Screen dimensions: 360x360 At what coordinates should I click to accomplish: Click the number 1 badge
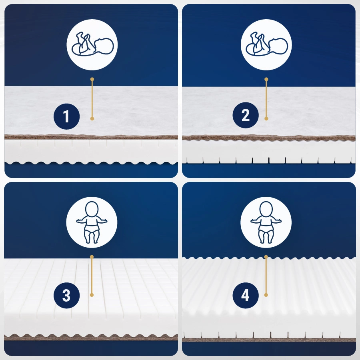pos(66,116)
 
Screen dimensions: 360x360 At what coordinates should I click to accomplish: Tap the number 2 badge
pos(246,115)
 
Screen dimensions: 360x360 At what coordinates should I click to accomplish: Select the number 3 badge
pos(66,296)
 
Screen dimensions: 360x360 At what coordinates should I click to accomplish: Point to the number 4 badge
pos(246,296)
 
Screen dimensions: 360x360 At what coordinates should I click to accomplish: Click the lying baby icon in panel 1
pos(92,44)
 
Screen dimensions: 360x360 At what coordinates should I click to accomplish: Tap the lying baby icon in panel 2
pos(266,44)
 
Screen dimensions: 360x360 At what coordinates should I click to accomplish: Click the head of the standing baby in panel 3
pos(92,209)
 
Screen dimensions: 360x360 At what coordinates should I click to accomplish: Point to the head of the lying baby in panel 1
pos(104,46)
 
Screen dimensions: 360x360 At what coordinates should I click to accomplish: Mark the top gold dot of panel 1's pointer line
pos(92,79)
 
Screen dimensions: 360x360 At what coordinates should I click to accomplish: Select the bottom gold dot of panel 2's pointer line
pos(266,118)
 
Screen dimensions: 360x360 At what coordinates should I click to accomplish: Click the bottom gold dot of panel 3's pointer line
pos(92,295)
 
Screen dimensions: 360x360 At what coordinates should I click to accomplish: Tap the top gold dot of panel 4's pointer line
pos(266,257)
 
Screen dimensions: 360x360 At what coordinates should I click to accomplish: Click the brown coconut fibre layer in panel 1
pos(91,137)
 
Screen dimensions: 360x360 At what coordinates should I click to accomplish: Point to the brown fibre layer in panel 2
pos(269,138)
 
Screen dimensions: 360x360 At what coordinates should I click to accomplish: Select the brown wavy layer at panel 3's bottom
pos(91,337)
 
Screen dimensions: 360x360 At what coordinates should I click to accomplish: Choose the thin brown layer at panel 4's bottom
pos(269,340)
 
